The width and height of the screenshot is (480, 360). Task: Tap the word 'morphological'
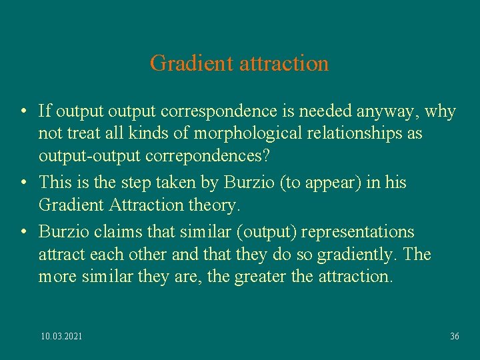pyautogui.click(x=237, y=133)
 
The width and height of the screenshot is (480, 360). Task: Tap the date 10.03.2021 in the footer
pyautogui.click(x=62, y=337)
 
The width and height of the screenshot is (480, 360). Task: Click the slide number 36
pyautogui.click(x=455, y=337)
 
